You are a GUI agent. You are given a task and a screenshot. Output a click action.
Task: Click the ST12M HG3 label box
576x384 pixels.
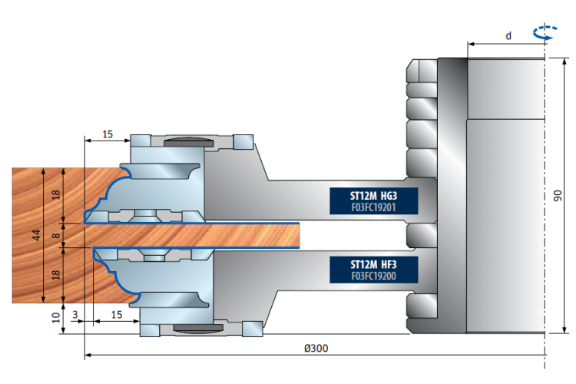[373, 201]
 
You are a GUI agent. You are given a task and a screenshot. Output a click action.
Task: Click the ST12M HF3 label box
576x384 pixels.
[373, 270]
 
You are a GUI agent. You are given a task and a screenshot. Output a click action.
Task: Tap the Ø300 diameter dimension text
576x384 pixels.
[316, 348]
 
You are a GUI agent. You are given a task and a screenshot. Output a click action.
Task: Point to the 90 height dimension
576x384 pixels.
[558, 196]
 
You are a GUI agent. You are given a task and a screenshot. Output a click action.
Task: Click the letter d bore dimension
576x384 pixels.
[508, 35]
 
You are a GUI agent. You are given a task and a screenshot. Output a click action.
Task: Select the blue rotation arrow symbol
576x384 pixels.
[545, 32]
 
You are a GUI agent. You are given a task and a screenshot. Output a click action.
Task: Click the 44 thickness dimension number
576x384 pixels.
[36, 235]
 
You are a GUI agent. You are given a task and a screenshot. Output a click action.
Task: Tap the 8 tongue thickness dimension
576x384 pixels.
[56, 235]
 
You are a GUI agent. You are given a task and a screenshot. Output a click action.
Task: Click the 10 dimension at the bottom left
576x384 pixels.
[56, 317]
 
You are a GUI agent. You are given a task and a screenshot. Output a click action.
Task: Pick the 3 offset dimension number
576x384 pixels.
[75, 315]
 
